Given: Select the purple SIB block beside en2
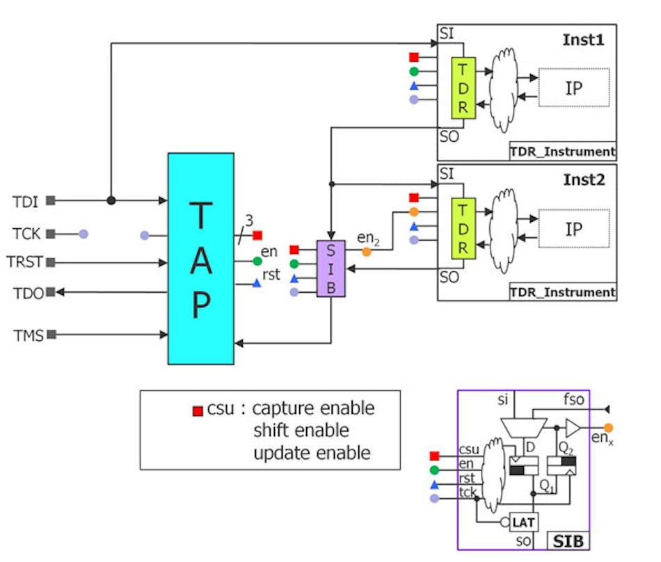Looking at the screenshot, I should point(330,268).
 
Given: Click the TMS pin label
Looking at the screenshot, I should point(29,336).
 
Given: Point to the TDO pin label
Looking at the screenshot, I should point(29,293).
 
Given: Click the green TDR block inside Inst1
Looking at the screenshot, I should point(463,88).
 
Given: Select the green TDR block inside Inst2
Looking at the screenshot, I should point(463,228).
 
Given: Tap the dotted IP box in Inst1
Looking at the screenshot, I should point(574,88).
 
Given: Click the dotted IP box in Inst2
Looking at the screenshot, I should point(574,228).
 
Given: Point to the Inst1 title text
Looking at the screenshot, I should point(584,40).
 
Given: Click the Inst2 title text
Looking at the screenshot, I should point(584,179).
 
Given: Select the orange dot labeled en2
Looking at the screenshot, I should point(367,252).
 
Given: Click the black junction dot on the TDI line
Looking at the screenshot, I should point(111,200).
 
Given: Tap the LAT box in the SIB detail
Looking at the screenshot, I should point(522,522).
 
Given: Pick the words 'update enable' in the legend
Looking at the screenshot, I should point(312,453).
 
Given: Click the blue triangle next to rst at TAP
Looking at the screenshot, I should point(257,283).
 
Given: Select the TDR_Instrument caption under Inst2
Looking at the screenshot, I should point(562,292).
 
